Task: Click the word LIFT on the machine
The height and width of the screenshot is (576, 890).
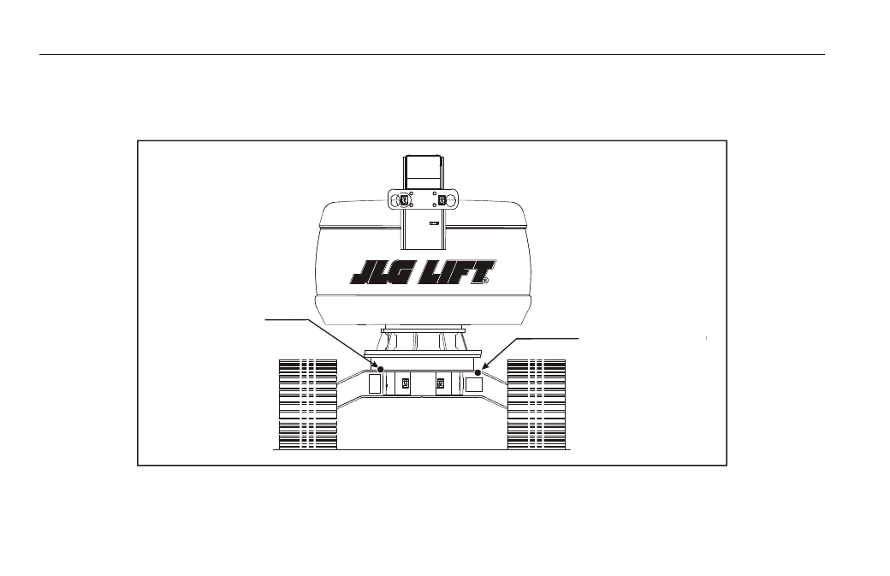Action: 455,272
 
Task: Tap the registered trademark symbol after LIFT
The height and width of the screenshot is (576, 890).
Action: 486,281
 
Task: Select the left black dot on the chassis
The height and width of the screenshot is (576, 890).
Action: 381,370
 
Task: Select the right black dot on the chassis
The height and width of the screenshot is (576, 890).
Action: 478,372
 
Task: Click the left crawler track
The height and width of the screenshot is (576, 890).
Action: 308,405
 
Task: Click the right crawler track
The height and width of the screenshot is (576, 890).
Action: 537,405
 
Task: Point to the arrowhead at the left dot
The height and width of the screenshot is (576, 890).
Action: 375,365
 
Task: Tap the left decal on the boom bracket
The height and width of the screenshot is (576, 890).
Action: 404,199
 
